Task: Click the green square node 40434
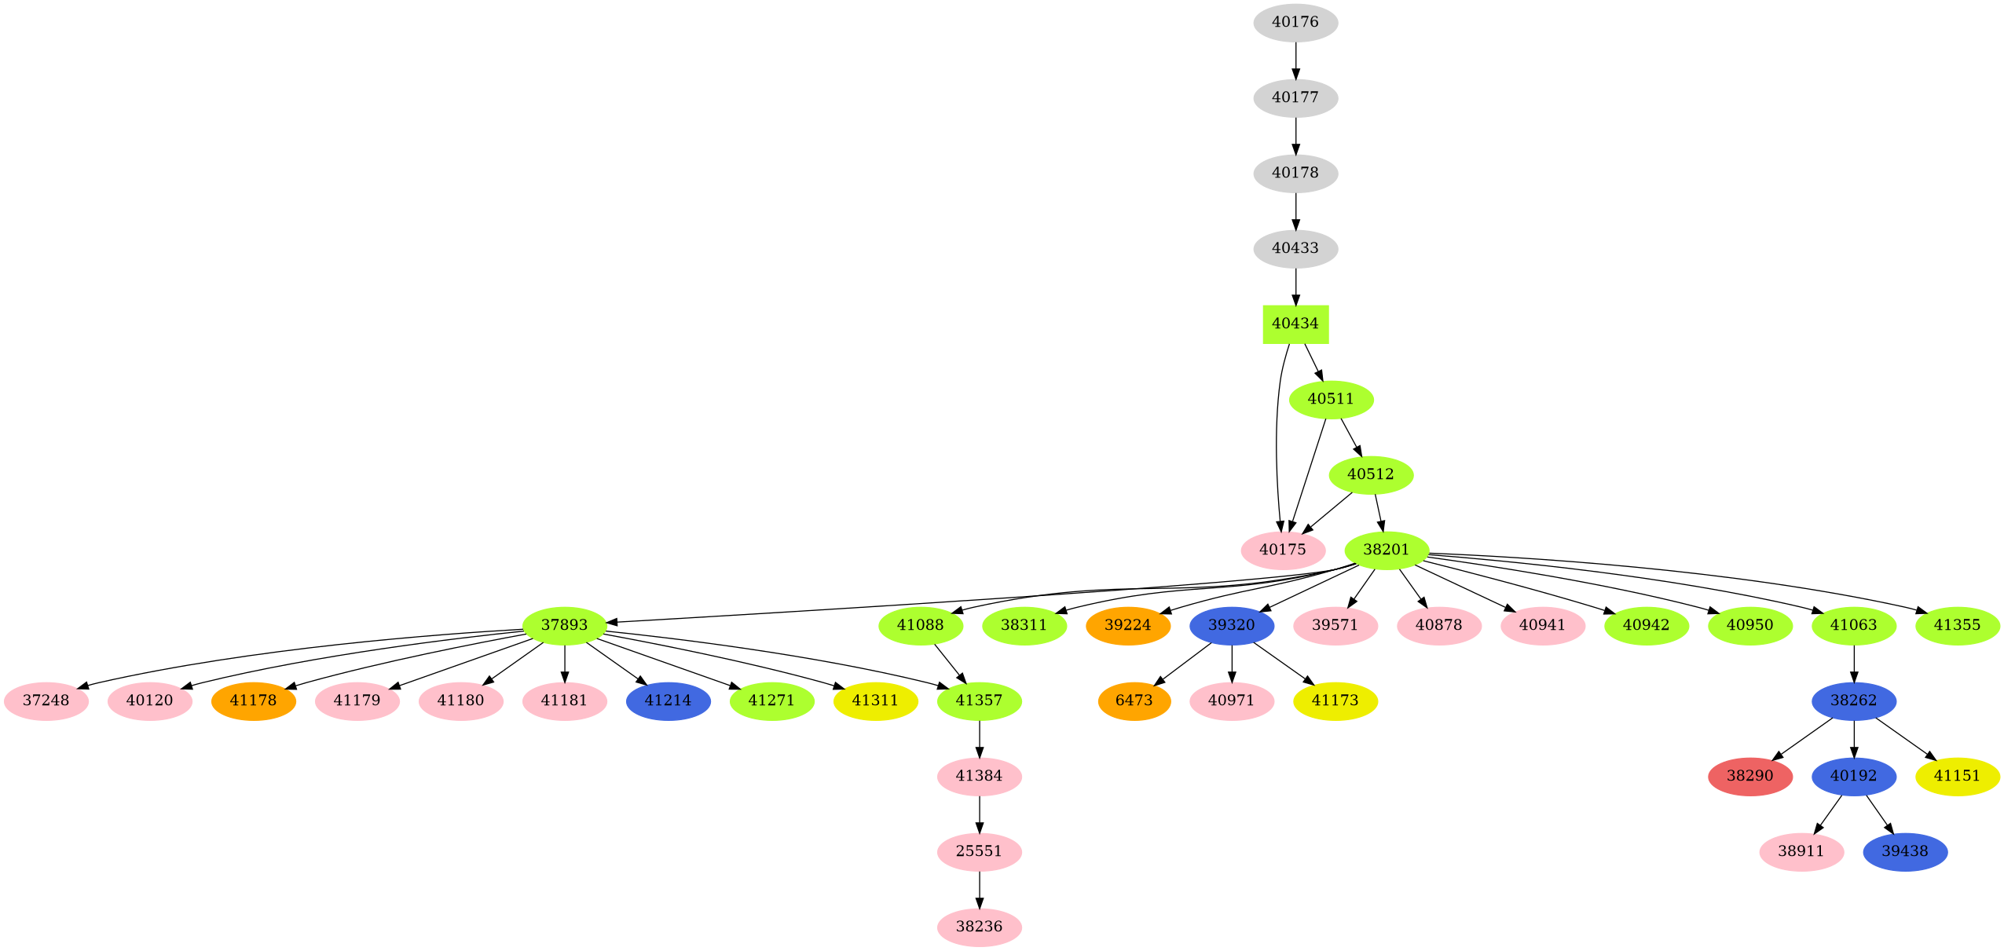pyautogui.click(x=1295, y=324)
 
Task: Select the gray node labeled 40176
pyautogui.click(x=1295, y=22)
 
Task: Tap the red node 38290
pyautogui.click(x=1749, y=776)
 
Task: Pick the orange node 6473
pyautogui.click(x=1134, y=700)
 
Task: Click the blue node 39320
pyautogui.click(x=1231, y=625)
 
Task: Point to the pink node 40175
pyautogui.click(x=1282, y=550)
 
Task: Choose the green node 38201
pyautogui.click(x=1386, y=550)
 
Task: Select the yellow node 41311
pyautogui.click(x=875, y=700)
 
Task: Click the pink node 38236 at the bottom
pyautogui.click(x=979, y=927)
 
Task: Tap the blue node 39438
pyautogui.click(x=1904, y=851)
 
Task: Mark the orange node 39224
pyautogui.click(x=1127, y=625)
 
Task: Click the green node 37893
pyautogui.click(x=564, y=625)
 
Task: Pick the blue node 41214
pyautogui.click(x=668, y=700)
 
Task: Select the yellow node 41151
pyautogui.click(x=1957, y=776)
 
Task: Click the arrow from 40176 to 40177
pyautogui.click(x=1295, y=60)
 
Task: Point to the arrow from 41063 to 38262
pyautogui.click(x=1854, y=663)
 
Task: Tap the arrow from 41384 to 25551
pyautogui.click(x=979, y=814)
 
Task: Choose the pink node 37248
pyautogui.click(x=46, y=700)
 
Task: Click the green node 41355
pyautogui.click(x=1957, y=625)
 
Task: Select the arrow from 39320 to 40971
pyautogui.click(x=1231, y=663)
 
